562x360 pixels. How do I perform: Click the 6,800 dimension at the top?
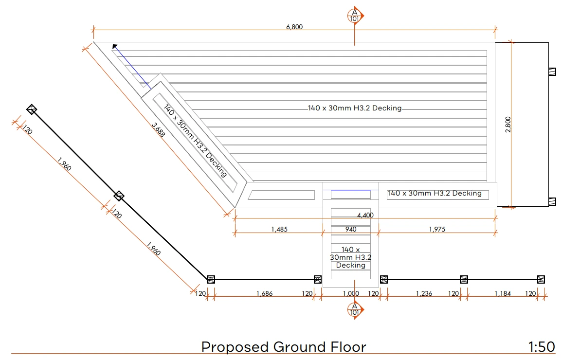(x=294, y=27)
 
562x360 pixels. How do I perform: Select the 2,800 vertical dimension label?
(x=508, y=125)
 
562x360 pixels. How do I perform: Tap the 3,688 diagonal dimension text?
(x=158, y=130)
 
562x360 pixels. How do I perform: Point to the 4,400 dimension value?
(x=365, y=216)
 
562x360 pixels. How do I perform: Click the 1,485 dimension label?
(x=279, y=229)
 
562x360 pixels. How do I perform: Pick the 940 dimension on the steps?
(x=350, y=229)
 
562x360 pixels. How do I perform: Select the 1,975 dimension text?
(x=437, y=229)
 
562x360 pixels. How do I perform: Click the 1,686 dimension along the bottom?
(x=265, y=294)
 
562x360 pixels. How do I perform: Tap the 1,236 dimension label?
(x=424, y=294)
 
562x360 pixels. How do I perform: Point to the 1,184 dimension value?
(x=503, y=294)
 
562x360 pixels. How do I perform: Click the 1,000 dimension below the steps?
(x=351, y=294)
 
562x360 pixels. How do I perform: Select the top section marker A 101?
(x=355, y=16)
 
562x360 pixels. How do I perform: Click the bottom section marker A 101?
(x=355, y=309)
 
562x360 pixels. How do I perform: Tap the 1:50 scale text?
(x=542, y=347)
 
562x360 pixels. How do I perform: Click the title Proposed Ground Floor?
(x=284, y=347)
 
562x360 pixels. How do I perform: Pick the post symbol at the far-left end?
(x=32, y=109)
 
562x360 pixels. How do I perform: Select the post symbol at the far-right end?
(x=541, y=279)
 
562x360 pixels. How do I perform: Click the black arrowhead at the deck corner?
(x=115, y=47)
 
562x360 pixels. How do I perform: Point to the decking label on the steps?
(x=350, y=257)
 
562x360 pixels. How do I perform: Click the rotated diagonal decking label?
(x=195, y=141)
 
